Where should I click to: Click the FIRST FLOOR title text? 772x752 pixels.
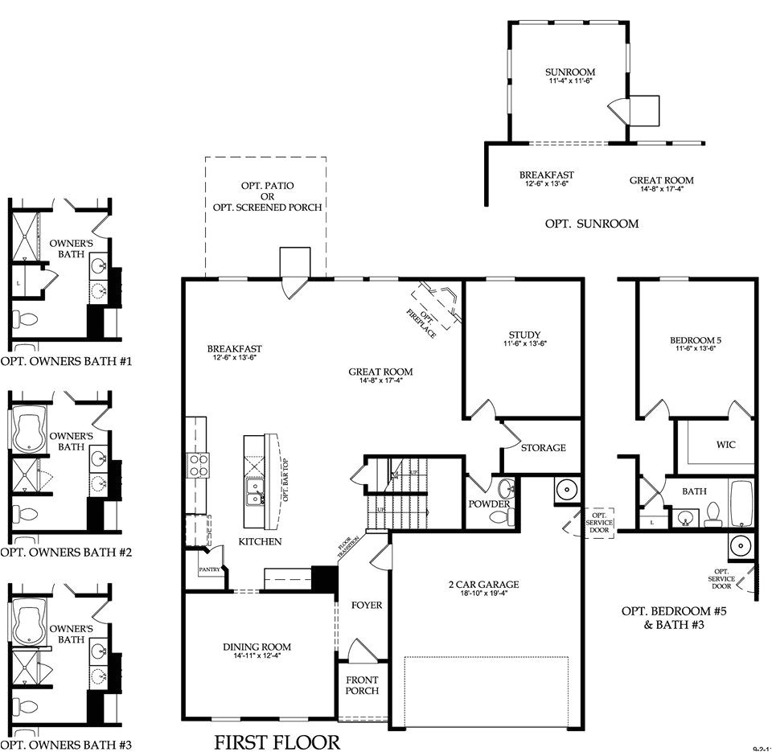point(277,741)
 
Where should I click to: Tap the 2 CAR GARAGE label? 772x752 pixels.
point(483,585)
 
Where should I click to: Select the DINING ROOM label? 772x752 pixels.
point(257,647)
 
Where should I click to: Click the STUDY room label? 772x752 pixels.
point(524,335)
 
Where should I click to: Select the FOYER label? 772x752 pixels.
point(367,605)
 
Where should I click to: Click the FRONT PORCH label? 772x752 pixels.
point(362,684)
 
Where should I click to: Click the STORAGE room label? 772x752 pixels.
point(543,447)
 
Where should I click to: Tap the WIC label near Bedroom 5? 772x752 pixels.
point(725,444)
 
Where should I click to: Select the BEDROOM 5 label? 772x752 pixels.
point(692,340)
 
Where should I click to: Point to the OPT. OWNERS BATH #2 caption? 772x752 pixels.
point(66,553)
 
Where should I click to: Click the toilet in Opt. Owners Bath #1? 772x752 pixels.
point(26,319)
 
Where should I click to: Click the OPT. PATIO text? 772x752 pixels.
point(267,186)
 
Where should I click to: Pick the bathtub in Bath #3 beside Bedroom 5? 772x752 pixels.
point(741,502)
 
